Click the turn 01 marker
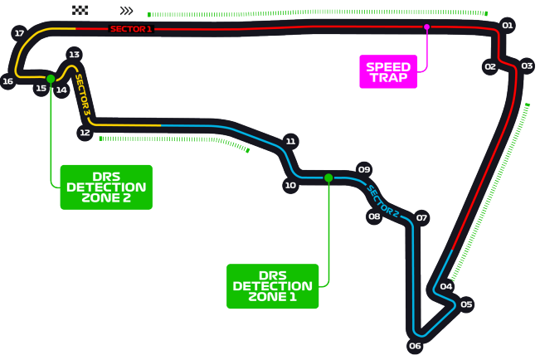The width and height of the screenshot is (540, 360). (x=508, y=26)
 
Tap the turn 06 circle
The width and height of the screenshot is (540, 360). (x=416, y=345)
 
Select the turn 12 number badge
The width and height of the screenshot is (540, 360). (x=84, y=132)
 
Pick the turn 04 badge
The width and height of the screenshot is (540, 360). (x=446, y=287)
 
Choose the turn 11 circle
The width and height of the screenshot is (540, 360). (x=290, y=141)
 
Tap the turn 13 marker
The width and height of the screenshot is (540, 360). (x=74, y=54)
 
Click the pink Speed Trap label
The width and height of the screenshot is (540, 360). (x=388, y=71)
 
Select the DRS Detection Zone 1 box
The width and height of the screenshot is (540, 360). (x=272, y=286)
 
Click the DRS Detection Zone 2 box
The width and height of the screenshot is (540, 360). (x=106, y=187)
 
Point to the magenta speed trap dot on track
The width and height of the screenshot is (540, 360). (x=427, y=27)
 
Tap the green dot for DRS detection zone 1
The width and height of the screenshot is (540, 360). (x=329, y=178)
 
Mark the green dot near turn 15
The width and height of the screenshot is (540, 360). (x=51, y=79)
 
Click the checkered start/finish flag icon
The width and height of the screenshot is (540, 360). (x=80, y=11)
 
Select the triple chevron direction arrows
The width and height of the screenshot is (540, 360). (x=126, y=11)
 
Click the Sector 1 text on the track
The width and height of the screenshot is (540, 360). (x=131, y=29)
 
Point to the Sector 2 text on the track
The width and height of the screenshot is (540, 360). (x=384, y=199)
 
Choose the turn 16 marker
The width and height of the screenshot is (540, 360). (x=7, y=81)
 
